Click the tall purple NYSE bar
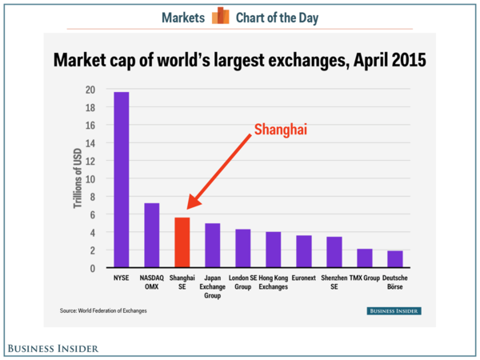tap(121, 180)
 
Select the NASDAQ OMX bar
tap(151, 235)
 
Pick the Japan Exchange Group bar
tap(212, 246)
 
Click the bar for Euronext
tap(304, 251)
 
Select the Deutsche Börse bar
tap(395, 259)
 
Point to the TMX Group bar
tap(365, 258)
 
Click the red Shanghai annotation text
tap(280, 130)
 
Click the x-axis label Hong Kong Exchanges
tap(274, 282)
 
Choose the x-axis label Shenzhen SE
tap(334, 282)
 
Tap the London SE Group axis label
tap(242, 282)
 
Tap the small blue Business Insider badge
tap(394, 310)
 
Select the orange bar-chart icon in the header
tap(220, 16)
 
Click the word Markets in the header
tap(183, 17)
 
